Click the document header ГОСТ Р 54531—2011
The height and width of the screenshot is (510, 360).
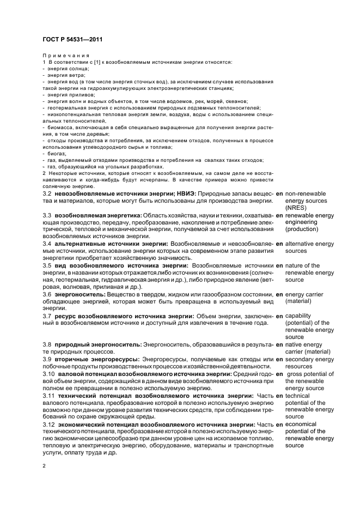(72, 40)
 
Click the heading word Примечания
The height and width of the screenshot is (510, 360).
(65, 56)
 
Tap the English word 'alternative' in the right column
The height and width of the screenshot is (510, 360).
(302, 244)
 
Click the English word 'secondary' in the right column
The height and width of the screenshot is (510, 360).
(303, 359)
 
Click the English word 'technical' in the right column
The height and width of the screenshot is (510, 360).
(300, 396)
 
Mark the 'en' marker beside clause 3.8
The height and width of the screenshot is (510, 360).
(279, 345)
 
